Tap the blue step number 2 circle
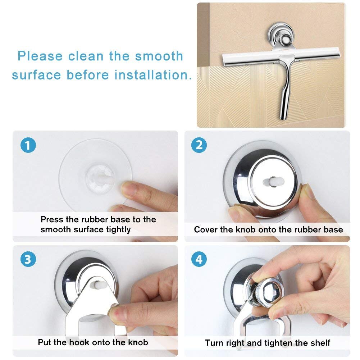[x=199, y=145]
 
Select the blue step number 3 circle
[x=28, y=259]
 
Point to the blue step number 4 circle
[x=199, y=259]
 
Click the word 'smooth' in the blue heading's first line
[x=159, y=56]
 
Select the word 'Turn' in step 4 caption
[x=215, y=343]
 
